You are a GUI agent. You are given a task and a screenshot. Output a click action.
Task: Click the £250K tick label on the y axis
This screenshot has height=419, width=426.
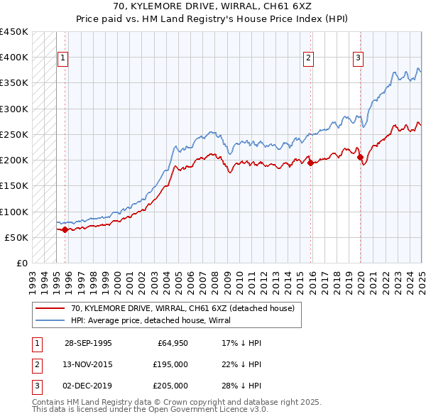13,134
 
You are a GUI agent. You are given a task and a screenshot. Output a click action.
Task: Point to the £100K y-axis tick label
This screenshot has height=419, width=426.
13,212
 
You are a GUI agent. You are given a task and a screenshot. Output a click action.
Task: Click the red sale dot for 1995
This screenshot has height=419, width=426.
65,229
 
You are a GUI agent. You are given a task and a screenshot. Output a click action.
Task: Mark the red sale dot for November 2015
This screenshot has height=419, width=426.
310,163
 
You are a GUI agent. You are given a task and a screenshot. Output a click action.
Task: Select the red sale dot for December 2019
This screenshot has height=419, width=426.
360,158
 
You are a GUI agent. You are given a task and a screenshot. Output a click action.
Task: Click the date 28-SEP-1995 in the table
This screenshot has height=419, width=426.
88,342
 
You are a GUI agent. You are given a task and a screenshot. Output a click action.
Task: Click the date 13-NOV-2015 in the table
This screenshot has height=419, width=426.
88,364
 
